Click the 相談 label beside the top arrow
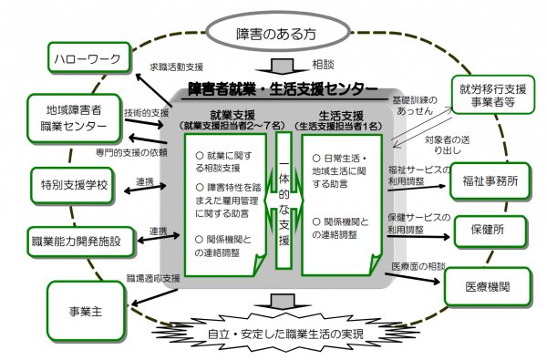click(323, 66)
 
